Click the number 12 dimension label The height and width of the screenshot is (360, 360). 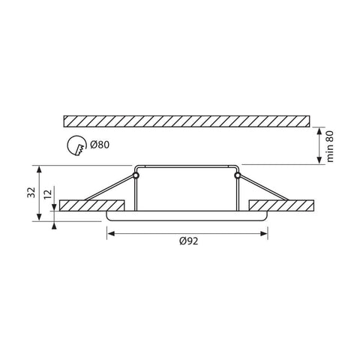46,198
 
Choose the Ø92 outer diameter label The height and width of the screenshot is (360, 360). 187,241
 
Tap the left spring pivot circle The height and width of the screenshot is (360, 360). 136,175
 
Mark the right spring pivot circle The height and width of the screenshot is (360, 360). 237,175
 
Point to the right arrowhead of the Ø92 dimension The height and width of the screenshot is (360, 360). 265,233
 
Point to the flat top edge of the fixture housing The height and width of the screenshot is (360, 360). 187,164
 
